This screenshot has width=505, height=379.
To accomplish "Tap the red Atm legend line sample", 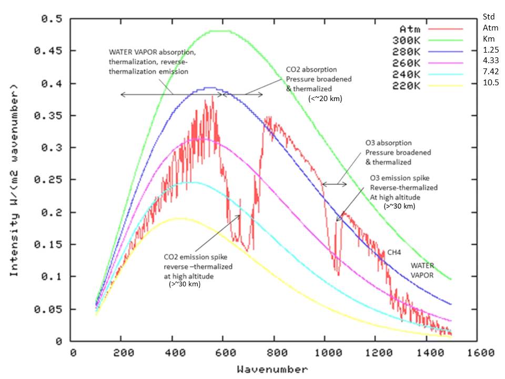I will click(x=446, y=28).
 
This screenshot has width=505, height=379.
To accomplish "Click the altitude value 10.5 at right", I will click(x=490, y=83).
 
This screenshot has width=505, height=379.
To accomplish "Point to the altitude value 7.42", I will click(x=490, y=71).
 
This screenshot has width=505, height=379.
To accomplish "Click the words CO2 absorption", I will click(x=311, y=69).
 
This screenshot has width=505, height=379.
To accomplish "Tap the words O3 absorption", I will click(x=388, y=143).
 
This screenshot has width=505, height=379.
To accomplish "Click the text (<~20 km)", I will click(x=325, y=98).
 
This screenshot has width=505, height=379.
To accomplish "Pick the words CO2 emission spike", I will click(x=198, y=257).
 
